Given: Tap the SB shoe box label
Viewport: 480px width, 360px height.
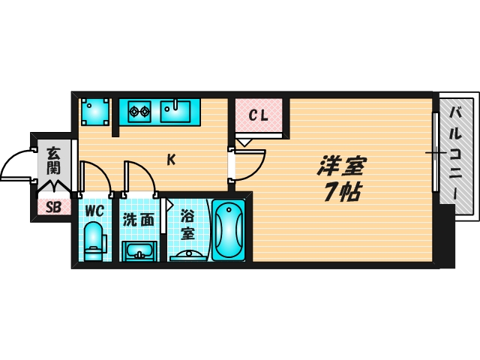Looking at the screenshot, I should coord(53,208).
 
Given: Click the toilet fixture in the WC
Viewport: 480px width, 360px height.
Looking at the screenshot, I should coord(93,240).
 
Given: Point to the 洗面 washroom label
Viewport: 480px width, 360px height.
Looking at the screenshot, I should coord(139,220).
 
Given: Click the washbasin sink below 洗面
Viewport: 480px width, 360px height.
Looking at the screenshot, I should coord(139,250).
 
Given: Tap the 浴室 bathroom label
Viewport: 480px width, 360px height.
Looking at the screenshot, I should coord(187,223).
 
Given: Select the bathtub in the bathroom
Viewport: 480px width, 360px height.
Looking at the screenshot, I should coord(229,230).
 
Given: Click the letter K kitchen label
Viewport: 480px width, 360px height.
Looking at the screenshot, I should coord(171,159).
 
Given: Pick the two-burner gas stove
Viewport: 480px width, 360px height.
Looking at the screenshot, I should coord(139,112).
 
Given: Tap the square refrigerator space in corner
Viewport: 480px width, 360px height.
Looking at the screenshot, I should coord(95,112).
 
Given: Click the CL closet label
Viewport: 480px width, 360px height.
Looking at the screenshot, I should coord(259,115).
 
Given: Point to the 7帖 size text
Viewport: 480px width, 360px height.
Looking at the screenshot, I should coord(341,192).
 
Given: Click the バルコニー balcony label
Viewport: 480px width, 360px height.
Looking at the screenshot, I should coord(456,154).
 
